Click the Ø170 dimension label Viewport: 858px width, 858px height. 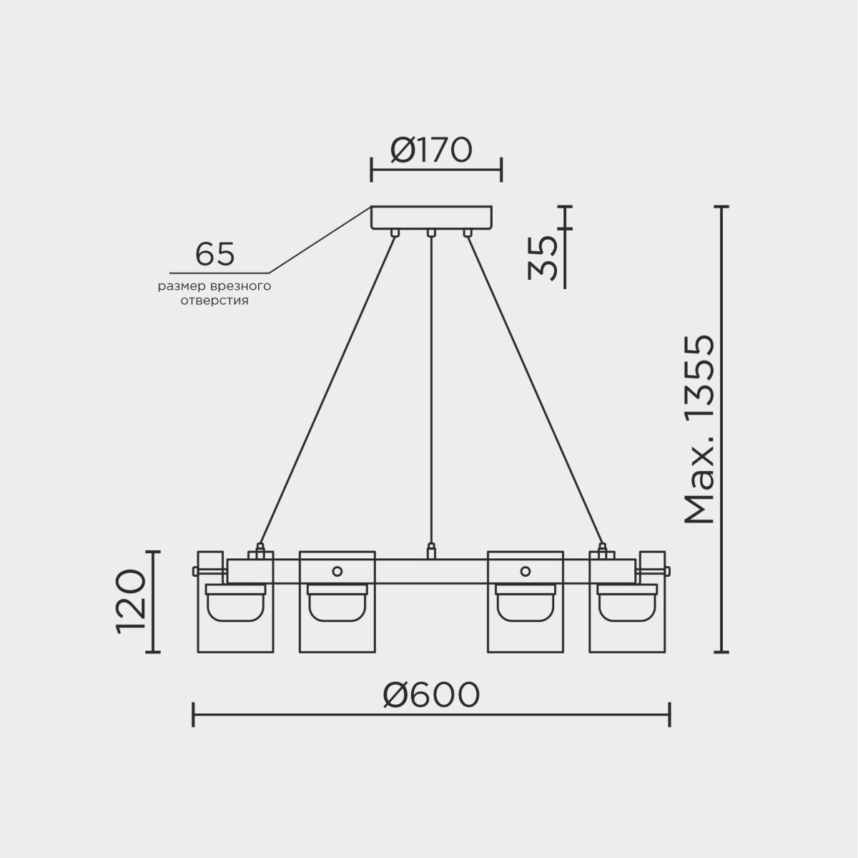[430, 150]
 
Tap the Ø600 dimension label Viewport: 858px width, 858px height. [431, 695]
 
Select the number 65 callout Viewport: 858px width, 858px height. [214, 254]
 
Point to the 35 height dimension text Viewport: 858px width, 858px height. [542, 258]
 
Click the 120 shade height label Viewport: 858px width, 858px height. [131, 601]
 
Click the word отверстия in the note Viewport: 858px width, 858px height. [214, 301]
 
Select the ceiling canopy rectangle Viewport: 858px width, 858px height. [431, 218]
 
